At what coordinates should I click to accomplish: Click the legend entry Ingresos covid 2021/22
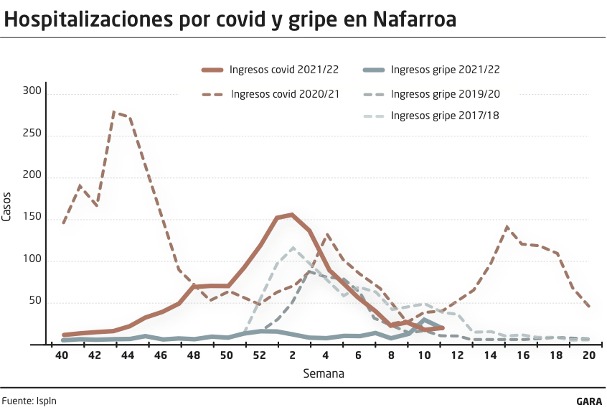[x=283, y=70]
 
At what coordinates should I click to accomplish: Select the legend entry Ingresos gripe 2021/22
[x=445, y=70]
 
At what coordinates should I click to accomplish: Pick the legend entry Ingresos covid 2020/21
[x=285, y=93]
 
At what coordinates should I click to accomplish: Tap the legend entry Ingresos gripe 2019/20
[x=445, y=93]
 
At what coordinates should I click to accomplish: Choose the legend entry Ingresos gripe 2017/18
[x=445, y=115]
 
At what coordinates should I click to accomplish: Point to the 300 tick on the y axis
[x=33, y=92]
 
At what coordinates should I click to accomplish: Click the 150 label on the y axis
[x=33, y=219]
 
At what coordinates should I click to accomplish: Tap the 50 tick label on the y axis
[x=36, y=302]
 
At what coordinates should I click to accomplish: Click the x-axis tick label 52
[x=259, y=356]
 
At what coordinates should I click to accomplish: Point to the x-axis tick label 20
[x=589, y=356]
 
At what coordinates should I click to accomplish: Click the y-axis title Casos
[x=7, y=206]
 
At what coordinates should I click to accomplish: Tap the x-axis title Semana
[x=324, y=373]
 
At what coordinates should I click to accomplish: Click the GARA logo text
[x=589, y=401]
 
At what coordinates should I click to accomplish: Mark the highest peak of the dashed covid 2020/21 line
[x=114, y=112]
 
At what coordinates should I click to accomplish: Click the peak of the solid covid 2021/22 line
[x=291, y=214]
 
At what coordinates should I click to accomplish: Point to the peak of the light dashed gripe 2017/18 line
[x=293, y=248]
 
